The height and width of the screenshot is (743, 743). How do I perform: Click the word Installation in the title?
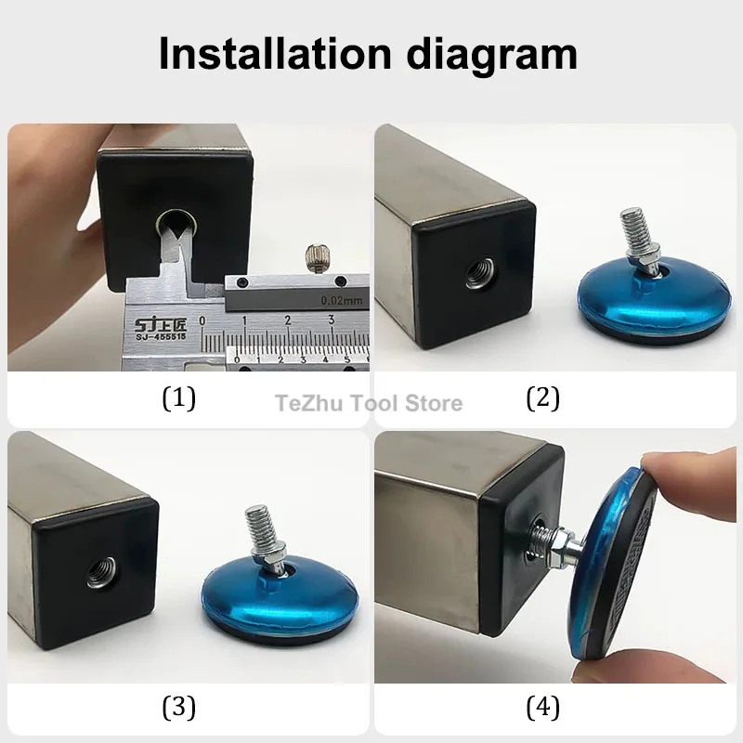275,53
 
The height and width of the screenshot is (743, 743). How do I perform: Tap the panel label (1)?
178,398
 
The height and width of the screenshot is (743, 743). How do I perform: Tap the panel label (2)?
543,398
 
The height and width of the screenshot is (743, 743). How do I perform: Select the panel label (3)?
178,708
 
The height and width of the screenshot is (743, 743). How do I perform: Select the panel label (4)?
543,708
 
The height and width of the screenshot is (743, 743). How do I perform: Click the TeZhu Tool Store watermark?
369,403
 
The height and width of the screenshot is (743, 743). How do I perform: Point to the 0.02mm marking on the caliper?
341,300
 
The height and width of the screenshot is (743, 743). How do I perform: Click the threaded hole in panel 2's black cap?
479,272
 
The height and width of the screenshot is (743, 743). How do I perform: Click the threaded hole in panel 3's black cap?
101,572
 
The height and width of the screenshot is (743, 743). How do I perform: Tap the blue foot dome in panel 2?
653,297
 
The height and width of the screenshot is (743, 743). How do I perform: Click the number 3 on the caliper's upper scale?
331,319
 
